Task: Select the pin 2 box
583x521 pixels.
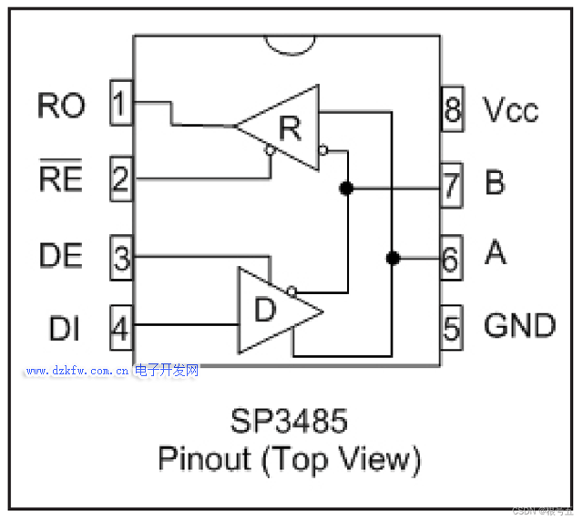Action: (x=120, y=178)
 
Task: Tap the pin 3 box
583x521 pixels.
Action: (x=120, y=257)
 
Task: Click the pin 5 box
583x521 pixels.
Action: (x=451, y=326)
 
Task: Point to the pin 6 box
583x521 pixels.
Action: (x=451, y=258)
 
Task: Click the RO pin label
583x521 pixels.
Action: (x=61, y=105)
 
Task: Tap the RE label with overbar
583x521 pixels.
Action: (x=61, y=179)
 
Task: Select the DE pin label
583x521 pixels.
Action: (x=61, y=256)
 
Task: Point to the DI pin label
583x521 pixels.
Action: (x=64, y=327)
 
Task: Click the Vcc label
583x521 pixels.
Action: (x=511, y=109)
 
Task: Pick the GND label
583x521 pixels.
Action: (x=519, y=325)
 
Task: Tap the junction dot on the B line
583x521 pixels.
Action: (x=346, y=189)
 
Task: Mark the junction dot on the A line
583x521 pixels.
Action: (x=393, y=258)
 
